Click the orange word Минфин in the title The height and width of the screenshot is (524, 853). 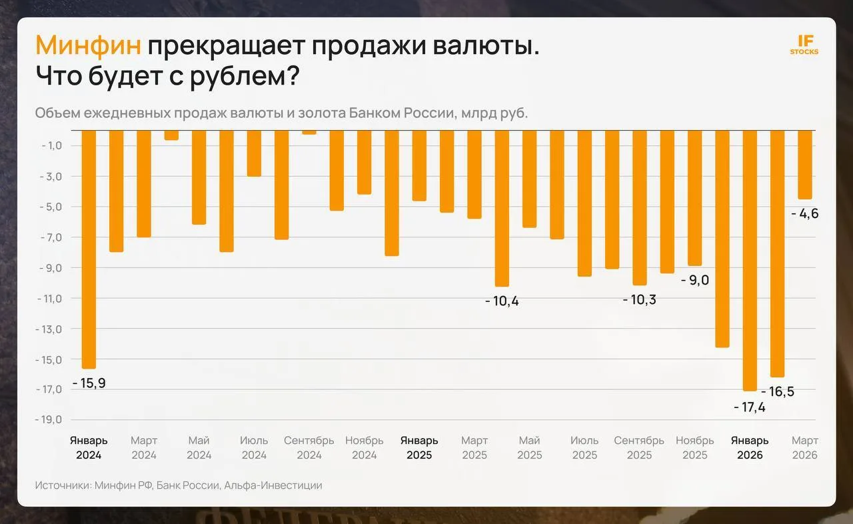coord(88,45)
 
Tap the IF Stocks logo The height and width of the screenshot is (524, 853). coord(804,45)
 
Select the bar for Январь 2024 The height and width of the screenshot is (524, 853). coord(89,249)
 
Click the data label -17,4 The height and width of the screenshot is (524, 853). coord(750,407)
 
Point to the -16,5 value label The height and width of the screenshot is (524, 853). coord(778,391)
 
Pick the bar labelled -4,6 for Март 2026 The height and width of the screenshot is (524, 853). coord(805,165)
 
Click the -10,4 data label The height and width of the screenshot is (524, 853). coord(502,301)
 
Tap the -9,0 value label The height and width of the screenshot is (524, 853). coord(695,280)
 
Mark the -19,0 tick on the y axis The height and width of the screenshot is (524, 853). coord(49,419)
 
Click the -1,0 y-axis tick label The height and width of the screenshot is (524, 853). coord(51,145)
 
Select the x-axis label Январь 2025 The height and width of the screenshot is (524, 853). coord(419,448)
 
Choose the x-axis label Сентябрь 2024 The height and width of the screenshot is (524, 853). coord(309,448)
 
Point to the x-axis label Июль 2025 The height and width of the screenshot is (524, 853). coord(584,448)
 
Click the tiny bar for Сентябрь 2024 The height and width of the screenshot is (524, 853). coord(309,132)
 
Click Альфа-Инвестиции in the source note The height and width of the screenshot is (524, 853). coord(273,485)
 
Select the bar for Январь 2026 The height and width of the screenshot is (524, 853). coord(750,261)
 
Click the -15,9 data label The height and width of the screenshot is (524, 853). coord(89,383)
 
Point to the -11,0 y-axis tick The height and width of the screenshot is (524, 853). coord(49,299)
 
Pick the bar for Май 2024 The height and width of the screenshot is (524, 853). coord(199,177)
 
